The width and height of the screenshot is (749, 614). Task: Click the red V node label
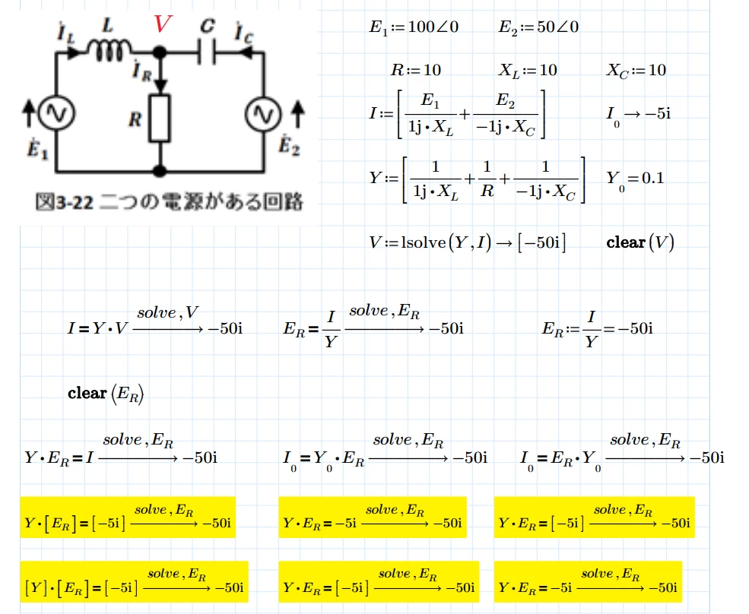point(163,24)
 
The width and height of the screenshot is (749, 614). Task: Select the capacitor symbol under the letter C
point(207,52)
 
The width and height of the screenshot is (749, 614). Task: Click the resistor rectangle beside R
point(160,118)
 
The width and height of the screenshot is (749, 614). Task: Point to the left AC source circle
point(56,113)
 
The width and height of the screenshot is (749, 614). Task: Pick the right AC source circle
point(263,114)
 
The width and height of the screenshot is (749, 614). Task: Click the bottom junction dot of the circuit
point(160,170)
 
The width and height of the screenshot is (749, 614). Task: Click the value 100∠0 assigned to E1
point(433,27)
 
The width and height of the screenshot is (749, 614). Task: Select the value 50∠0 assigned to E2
point(557,27)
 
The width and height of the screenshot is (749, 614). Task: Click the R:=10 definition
point(416,70)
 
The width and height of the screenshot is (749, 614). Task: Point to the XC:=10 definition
point(636,71)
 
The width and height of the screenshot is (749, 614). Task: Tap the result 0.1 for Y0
point(652,178)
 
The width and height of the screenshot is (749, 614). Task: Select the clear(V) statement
point(640,242)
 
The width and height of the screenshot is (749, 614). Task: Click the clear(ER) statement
point(106,394)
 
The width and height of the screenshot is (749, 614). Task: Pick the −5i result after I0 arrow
point(657,114)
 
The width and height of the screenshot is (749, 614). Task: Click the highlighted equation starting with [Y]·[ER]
point(135,581)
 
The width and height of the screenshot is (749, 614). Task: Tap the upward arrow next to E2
point(298,114)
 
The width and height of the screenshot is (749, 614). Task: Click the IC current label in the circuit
point(243,33)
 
